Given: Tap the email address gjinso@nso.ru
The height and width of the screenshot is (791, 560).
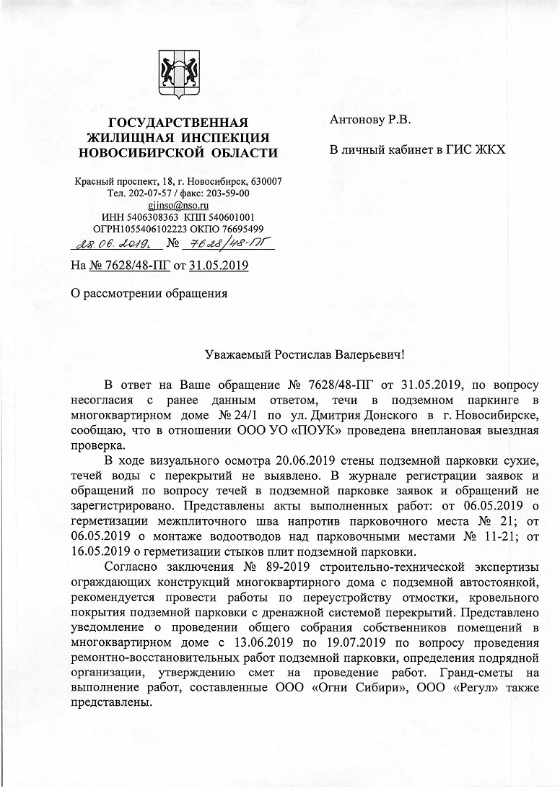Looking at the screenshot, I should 178,205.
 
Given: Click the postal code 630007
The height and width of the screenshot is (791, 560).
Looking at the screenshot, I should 266,180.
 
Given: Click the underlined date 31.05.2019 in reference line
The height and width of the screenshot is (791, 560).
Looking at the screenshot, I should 219,266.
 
